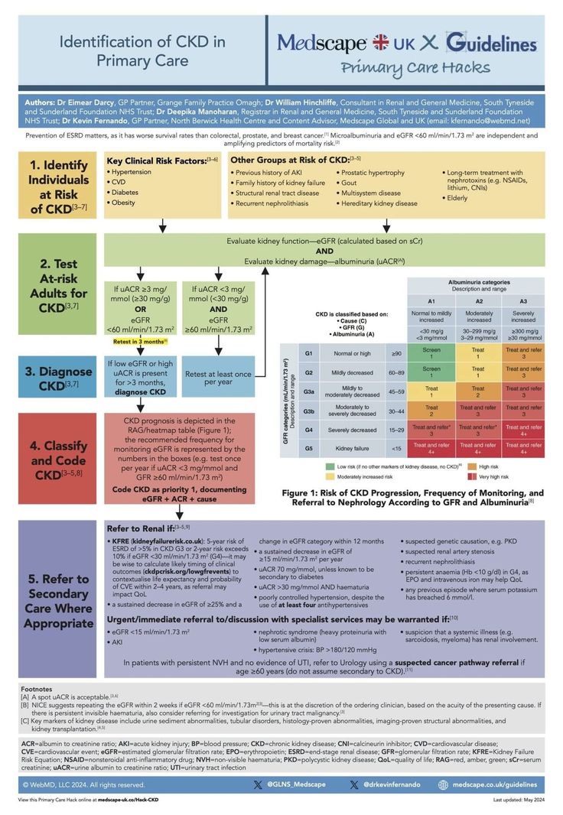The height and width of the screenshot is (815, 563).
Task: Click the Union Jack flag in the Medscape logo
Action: pos(379,42)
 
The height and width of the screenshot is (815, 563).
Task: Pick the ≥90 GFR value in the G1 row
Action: pos(396,353)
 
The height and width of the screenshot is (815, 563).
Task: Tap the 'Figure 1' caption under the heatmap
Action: pos(413,498)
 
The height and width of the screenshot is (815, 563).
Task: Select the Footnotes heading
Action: pos(37,689)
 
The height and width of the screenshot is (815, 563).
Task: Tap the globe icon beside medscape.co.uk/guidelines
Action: pos(443,784)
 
